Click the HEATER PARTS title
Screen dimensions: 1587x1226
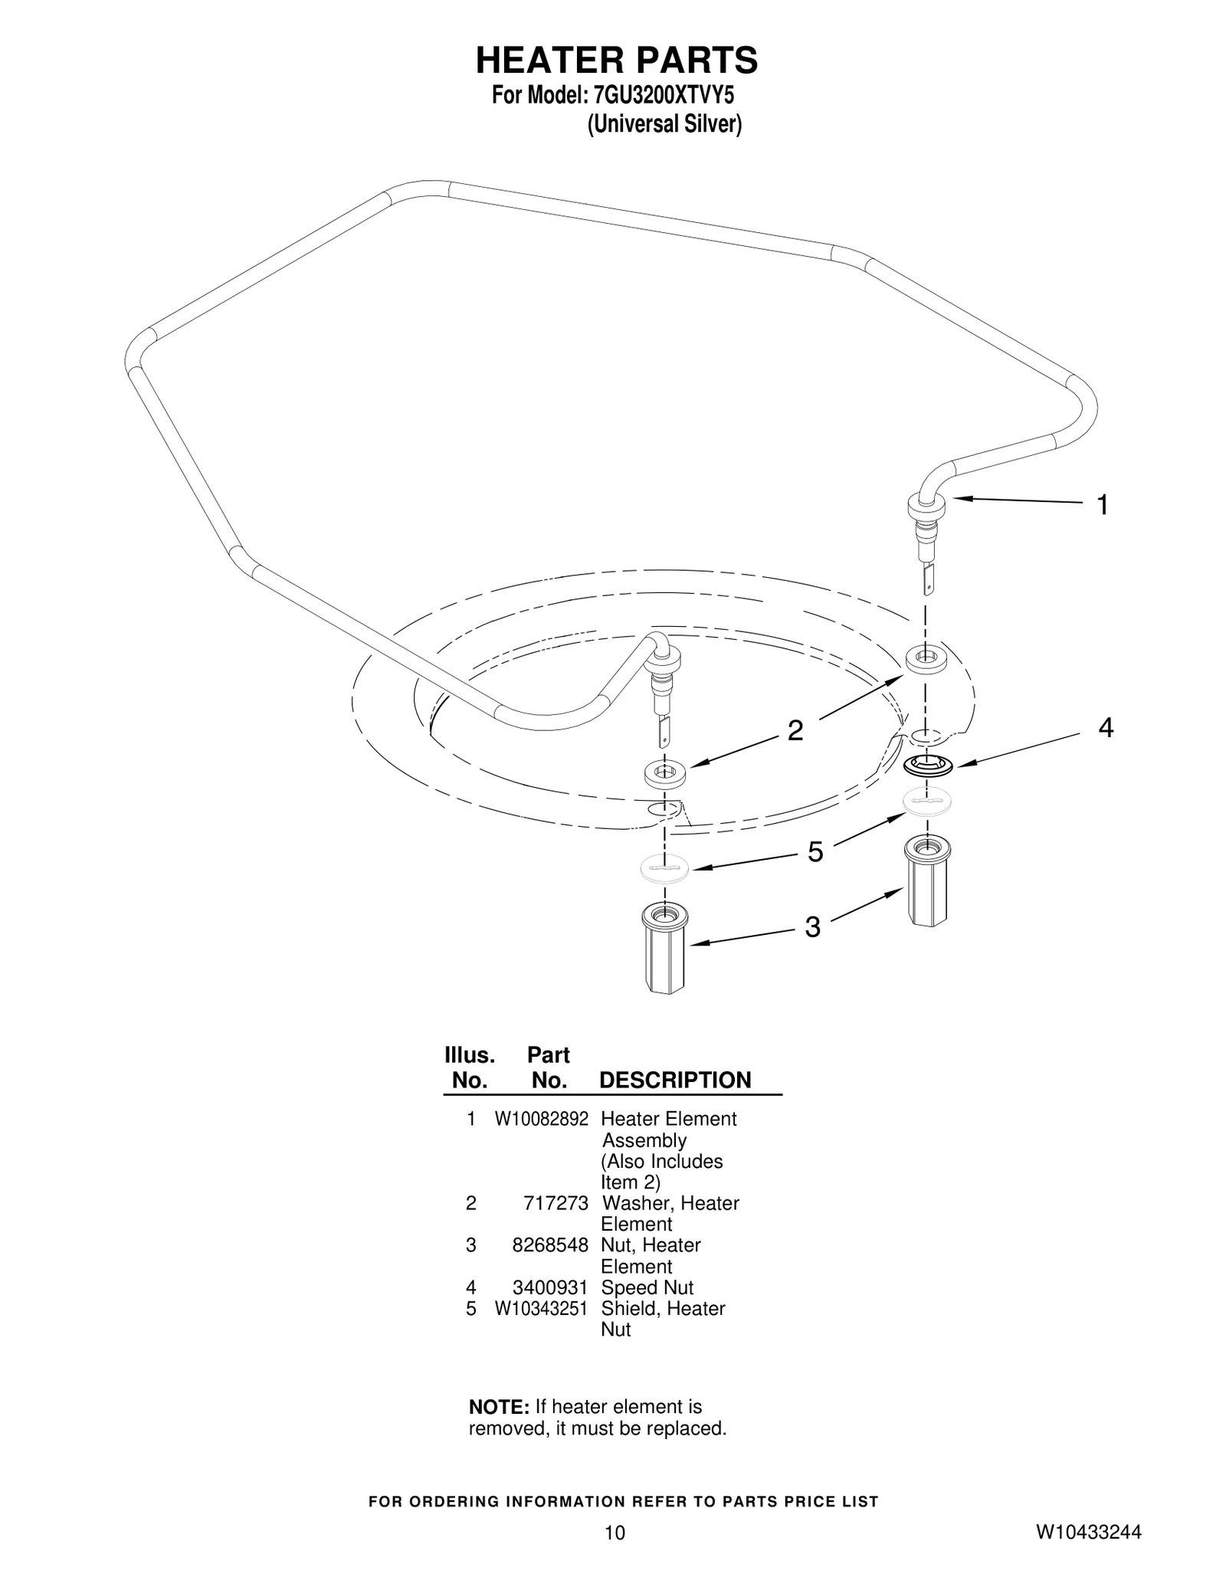click(x=617, y=60)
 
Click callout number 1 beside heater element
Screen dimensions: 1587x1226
click(x=1103, y=505)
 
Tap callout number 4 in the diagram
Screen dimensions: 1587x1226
click(x=1105, y=727)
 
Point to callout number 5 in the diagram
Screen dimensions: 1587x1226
click(x=815, y=851)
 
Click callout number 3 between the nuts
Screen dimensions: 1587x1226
click(x=812, y=927)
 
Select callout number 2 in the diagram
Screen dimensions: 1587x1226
click(x=795, y=730)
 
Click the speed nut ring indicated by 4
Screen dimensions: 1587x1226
click(x=928, y=764)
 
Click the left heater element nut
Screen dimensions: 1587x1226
click(x=664, y=948)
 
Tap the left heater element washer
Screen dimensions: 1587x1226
click(x=664, y=774)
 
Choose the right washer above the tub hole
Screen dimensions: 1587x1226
click(x=926, y=660)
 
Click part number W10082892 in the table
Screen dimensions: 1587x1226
click(x=541, y=1119)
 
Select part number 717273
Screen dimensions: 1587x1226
click(x=556, y=1203)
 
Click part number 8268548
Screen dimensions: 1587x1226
click(x=550, y=1245)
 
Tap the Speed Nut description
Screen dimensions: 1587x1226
click(x=647, y=1287)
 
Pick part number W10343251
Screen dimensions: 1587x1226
click(x=541, y=1308)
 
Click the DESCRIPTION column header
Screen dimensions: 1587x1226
click(x=674, y=1080)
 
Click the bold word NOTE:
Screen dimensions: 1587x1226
click(x=499, y=1407)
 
